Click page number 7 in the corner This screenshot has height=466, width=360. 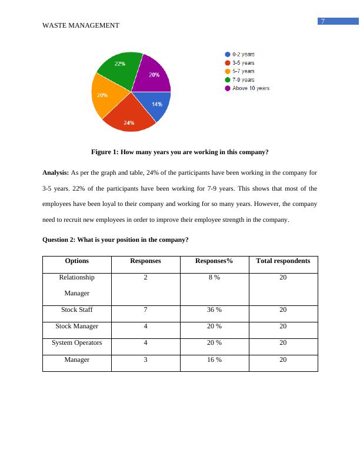[323, 22]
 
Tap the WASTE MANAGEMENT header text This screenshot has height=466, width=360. [81, 25]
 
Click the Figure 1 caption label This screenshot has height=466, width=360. [179, 152]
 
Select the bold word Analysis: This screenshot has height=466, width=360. [56, 173]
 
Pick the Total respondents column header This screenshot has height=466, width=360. [283, 261]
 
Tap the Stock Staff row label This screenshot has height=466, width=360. [77, 309]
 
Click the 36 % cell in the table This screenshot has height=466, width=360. [215, 309]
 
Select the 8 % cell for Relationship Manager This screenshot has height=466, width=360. [215, 277]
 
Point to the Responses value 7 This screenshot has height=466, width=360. [145, 309]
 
